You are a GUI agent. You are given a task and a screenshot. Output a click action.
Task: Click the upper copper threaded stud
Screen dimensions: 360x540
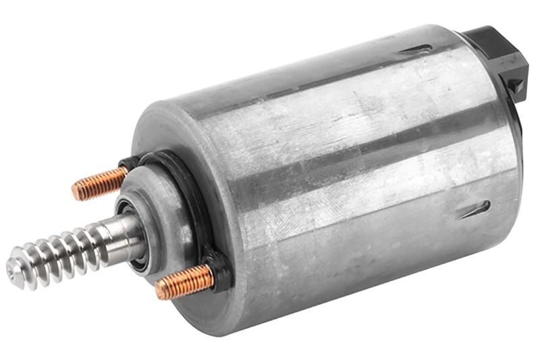(100, 183)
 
